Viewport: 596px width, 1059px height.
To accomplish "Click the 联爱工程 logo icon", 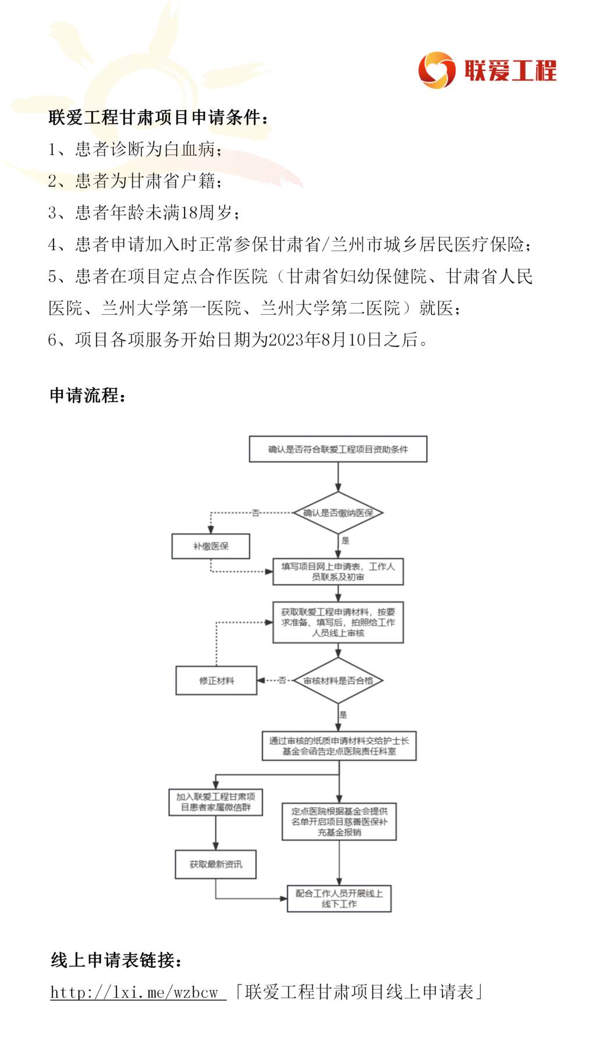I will [437, 70].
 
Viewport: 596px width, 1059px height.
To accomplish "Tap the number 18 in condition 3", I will [189, 213].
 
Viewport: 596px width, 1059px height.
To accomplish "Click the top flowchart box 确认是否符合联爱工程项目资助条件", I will [338, 449].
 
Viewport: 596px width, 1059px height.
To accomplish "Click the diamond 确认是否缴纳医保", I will [338, 513].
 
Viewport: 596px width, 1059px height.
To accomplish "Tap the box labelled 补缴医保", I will [211, 546].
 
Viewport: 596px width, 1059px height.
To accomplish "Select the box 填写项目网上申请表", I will [338, 571].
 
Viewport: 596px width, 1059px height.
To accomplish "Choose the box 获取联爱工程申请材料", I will [338, 622].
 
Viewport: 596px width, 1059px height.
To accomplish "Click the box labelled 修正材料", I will [217, 680].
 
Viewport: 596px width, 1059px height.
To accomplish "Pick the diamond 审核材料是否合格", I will [338, 680].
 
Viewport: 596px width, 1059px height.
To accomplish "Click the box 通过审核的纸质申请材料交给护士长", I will [339, 746].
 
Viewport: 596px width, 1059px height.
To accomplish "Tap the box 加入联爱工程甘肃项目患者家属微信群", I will [215, 802].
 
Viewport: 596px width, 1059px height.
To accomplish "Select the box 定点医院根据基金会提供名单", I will [339, 822].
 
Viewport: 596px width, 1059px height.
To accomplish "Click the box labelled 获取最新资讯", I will [215, 864].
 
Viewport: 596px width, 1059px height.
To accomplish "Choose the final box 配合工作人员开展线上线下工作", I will [339, 898].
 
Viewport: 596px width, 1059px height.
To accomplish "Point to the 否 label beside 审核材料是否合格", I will [282, 680].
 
